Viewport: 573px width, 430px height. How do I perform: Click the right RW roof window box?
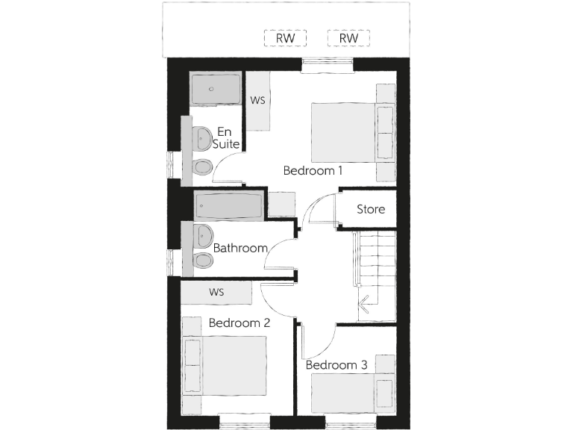coord(348,38)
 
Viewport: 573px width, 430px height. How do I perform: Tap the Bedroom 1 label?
coord(313,170)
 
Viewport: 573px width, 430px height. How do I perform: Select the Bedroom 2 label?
coord(239,323)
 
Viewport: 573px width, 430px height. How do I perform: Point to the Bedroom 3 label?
coord(336,365)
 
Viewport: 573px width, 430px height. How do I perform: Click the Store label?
coord(371,209)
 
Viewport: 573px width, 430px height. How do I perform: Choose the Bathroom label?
coord(240,248)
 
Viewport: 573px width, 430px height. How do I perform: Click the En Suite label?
coord(225,138)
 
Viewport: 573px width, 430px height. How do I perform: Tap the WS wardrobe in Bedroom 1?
coord(258,100)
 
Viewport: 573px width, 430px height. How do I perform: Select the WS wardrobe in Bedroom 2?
coord(217,292)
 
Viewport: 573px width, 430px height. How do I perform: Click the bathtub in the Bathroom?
coord(229,205)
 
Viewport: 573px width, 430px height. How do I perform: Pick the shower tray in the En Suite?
coord(215,89)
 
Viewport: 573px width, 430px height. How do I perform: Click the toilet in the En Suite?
coord(201,166)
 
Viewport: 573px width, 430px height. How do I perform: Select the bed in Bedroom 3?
coord(351,391)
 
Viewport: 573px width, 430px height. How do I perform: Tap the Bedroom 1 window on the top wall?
coord(327,65)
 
